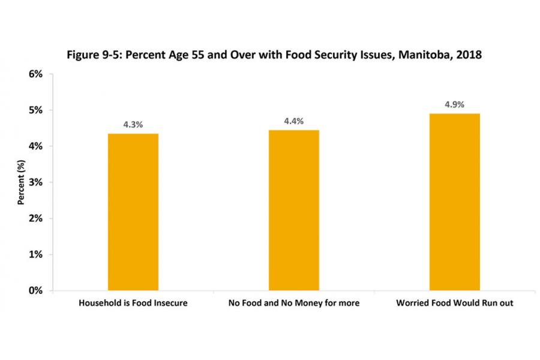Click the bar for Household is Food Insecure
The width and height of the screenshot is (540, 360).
click(133, 212)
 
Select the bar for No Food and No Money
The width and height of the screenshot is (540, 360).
click(294, 210)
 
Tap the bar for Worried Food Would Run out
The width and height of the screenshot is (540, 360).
click(454, 202)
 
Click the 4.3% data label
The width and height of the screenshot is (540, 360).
click(133, 125)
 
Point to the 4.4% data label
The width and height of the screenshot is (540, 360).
click(294, 121)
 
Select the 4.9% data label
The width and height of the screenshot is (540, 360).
click(454, 104)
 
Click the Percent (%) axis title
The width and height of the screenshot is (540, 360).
click(20, 182)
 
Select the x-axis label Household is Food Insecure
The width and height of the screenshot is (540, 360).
click(133, 303)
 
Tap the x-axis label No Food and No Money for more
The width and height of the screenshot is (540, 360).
click(294, 303)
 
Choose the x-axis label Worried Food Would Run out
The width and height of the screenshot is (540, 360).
click(454, 303)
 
